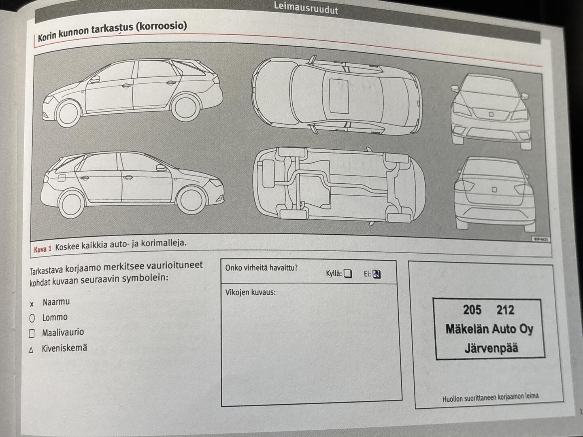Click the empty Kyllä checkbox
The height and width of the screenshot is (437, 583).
point(348,274)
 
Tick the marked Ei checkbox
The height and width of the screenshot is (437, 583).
point(377,274)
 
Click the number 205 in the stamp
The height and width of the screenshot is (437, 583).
point(472,310)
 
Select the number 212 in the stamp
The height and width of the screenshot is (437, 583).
point(505,310)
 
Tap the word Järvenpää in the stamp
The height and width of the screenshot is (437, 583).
point(491,348)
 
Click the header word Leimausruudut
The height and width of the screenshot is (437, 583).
point(306,8)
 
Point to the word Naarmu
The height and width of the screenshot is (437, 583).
point(56,302)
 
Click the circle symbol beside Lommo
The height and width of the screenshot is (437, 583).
point(32,318)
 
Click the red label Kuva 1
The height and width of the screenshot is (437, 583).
point(43,249)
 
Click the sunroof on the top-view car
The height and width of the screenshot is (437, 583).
point(339,96)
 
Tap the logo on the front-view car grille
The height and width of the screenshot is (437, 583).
point(491,115)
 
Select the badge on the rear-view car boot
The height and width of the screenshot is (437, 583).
point(494,189)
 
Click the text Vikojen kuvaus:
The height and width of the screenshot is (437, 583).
point(250,292)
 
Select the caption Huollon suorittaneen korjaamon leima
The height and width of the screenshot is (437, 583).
point(490,397)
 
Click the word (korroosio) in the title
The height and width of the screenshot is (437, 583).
point(161,27)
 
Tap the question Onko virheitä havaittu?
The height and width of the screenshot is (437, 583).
point(261,267)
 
